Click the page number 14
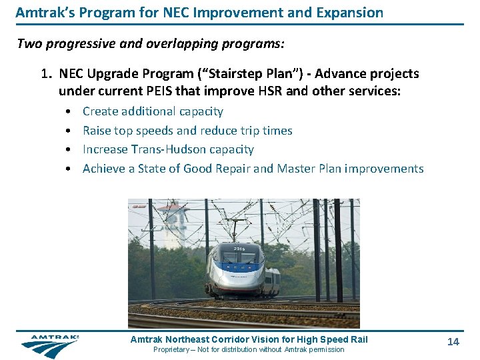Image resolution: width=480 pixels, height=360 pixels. tap(453, 341)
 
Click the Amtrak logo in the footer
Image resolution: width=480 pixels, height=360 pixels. tap(49, 346)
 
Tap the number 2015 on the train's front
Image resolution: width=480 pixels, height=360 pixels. tap(239, 249)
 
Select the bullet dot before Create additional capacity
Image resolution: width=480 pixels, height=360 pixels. tap(69, 112)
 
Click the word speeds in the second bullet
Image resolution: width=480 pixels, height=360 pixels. tap(157, 131)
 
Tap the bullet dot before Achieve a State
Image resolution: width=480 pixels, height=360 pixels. tap(69, 169)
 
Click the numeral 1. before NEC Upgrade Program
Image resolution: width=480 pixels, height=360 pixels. tap(47, 73)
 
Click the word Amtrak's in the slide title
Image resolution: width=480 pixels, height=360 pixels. tap(41, 12)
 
